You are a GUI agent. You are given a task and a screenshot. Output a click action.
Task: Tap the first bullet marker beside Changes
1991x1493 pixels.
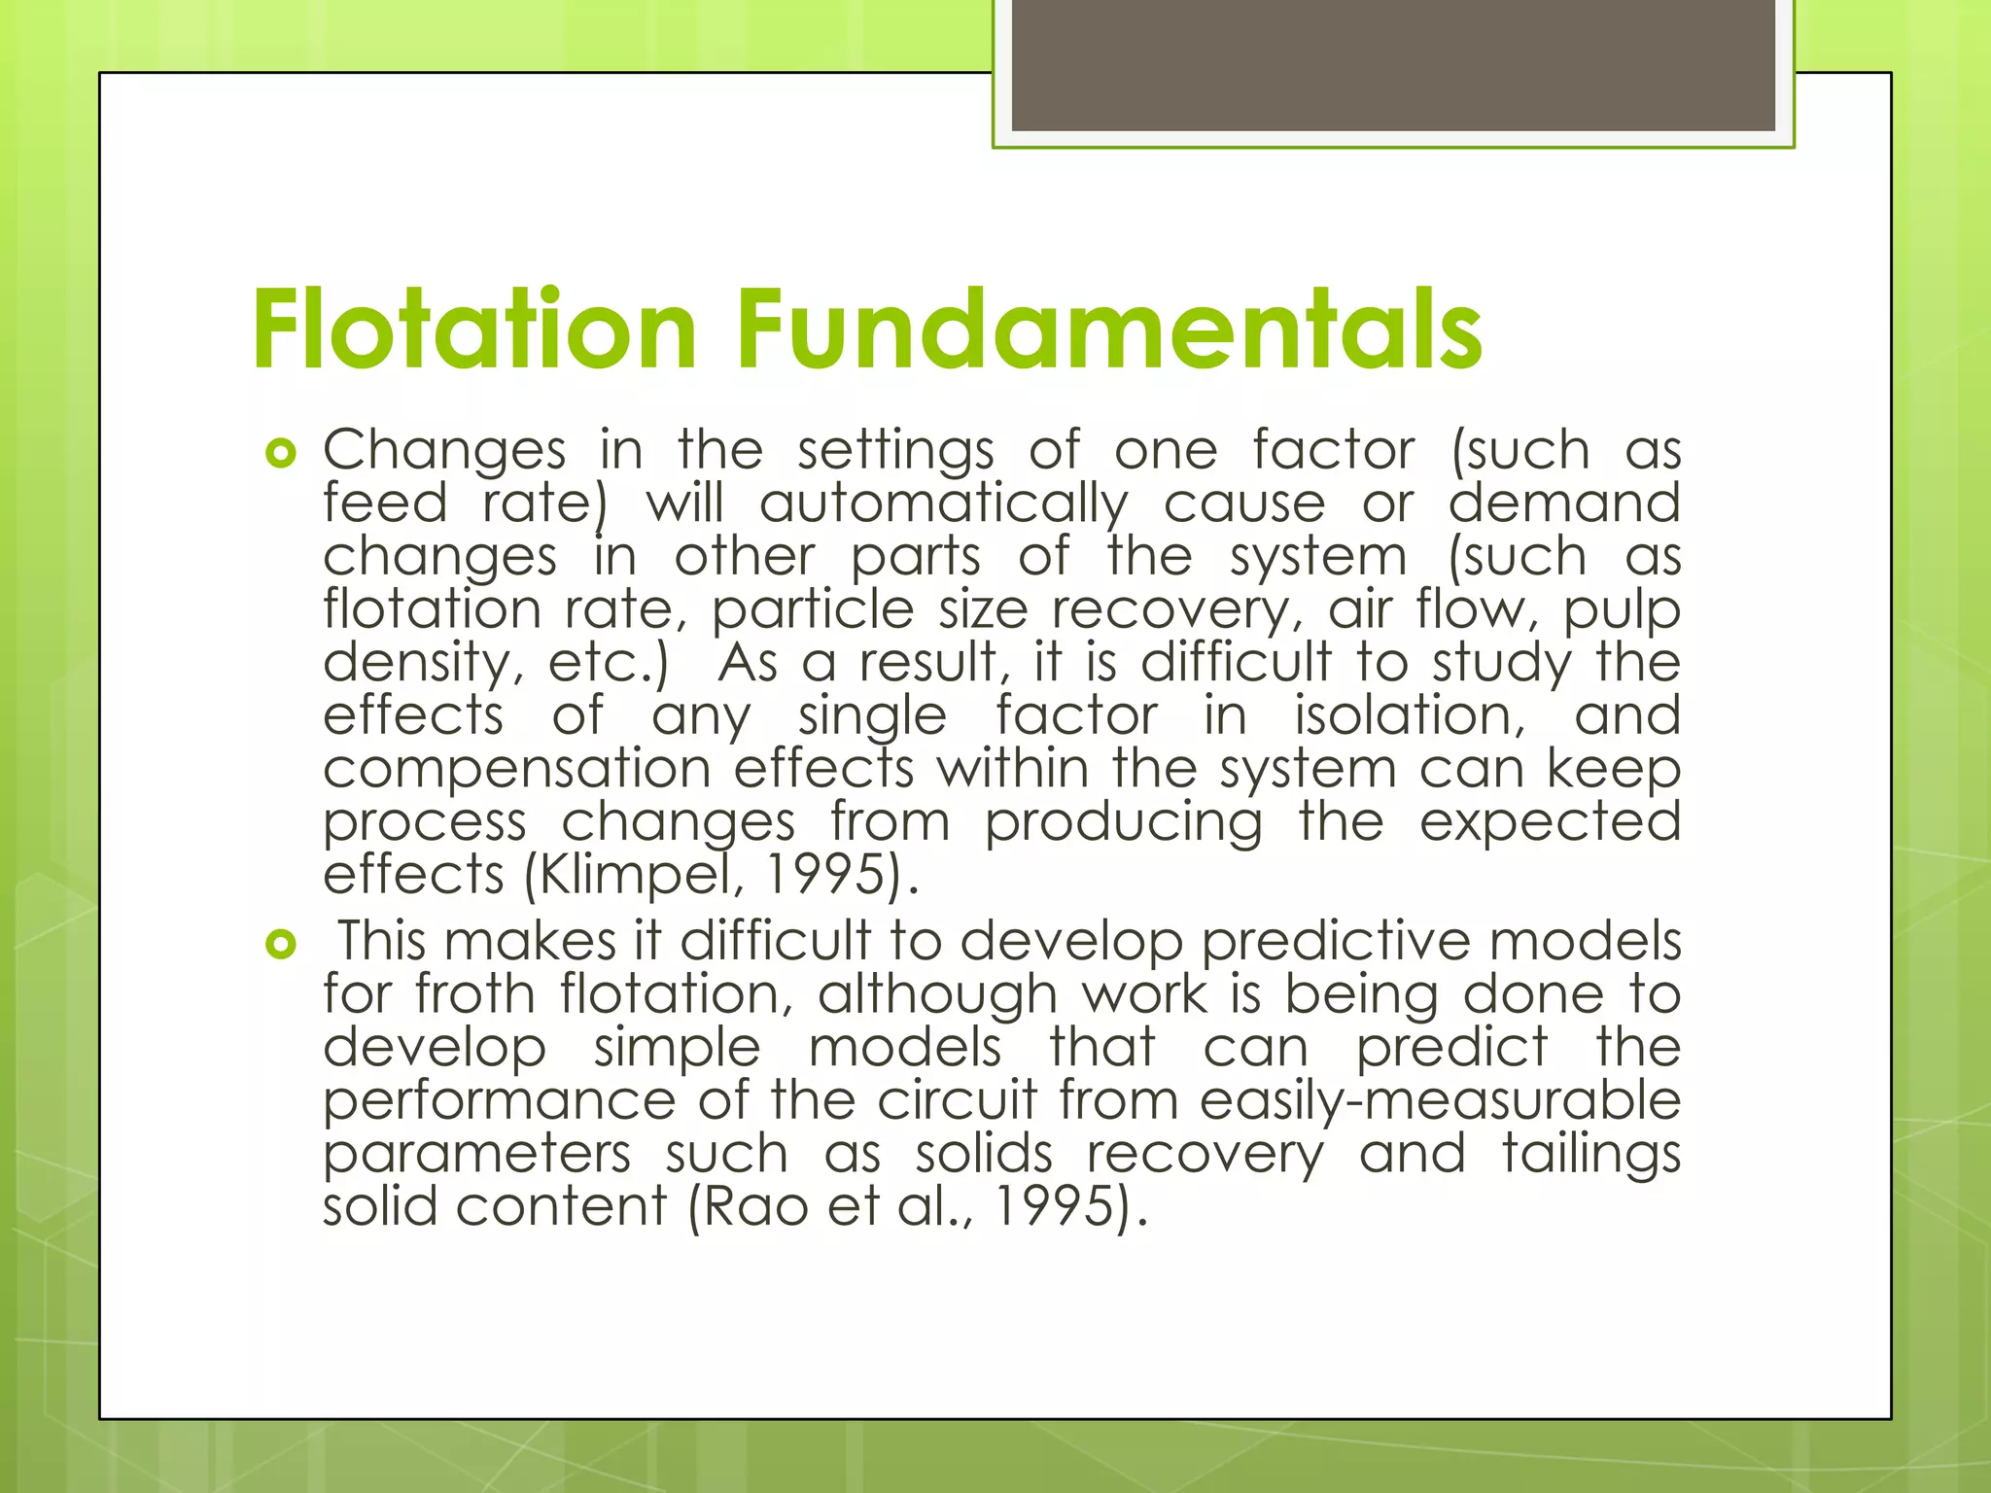tap(280, 453)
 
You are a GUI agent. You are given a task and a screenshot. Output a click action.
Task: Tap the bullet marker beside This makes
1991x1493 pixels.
tap(280, 944)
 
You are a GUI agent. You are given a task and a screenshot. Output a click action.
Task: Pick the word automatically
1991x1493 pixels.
tap(943, 504)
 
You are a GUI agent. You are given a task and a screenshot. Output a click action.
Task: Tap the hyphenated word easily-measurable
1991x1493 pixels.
tap(1440, 1100)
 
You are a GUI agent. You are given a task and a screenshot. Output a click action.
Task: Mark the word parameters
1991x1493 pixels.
tap(476, 1155)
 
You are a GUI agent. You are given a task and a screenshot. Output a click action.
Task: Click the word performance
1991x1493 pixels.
tap(499, 1101)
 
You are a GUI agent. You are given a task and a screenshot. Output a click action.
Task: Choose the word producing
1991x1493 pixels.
tap(1123, 822)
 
